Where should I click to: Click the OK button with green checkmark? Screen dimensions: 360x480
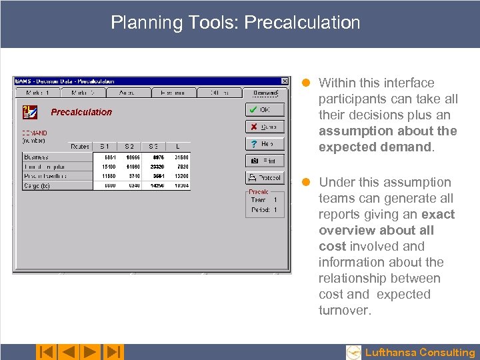[x=265, y=109]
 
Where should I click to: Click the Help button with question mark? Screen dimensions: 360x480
[x=265, y=143]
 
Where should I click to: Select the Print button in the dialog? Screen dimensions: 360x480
[x=265, y=161]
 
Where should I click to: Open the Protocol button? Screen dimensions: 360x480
[x=265, y=178]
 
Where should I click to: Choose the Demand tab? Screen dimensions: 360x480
[x=265, y=93]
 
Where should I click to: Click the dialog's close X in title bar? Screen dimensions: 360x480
[x=285, y=81]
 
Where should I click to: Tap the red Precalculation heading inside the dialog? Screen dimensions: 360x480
[x=81, y=112]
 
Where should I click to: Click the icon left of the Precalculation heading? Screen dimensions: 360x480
[x=30, y=112]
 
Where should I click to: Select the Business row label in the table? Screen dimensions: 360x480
[x=35, y=157]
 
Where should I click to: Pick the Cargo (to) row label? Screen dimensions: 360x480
[x=37, y=185]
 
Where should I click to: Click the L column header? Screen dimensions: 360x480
[x=178, y=146]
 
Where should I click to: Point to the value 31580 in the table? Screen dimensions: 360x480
[x=181, y=157]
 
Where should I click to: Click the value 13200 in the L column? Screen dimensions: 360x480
[x=181, y=176]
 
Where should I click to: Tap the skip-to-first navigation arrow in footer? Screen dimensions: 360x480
[x=45, y=351]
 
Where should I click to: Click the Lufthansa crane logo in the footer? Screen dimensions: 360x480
[x=354, y=353]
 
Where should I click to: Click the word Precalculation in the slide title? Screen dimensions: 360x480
[x=302, y=23]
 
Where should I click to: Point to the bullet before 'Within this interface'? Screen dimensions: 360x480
[x=306, y=83]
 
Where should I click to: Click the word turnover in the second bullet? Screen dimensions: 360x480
[x=343, y=310]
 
